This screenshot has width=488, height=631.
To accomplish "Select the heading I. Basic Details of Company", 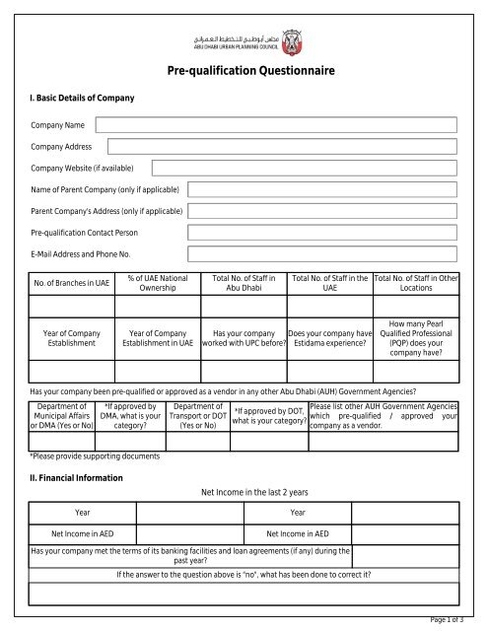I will pos(79,100).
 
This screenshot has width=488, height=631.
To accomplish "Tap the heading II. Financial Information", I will pos(74,477).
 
